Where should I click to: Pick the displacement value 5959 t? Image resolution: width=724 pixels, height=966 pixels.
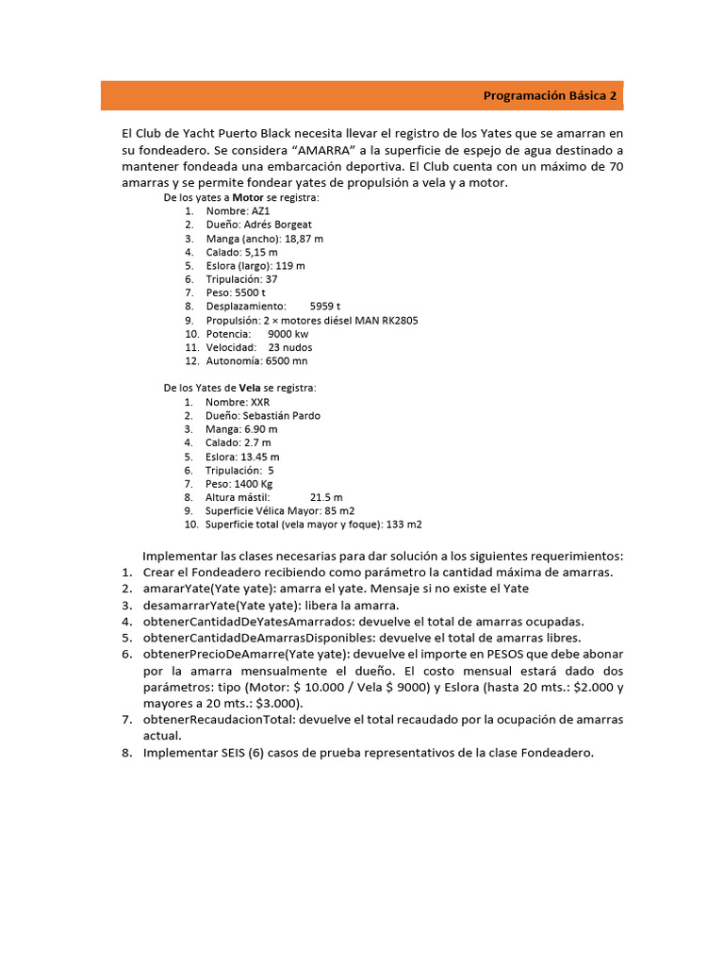tap(325, 307)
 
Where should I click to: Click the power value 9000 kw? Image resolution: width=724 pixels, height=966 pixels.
tap(288, 334)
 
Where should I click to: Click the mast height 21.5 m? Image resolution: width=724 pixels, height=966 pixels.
tap(326, 497)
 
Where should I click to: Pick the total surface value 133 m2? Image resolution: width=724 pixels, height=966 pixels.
tap(405, 525)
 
